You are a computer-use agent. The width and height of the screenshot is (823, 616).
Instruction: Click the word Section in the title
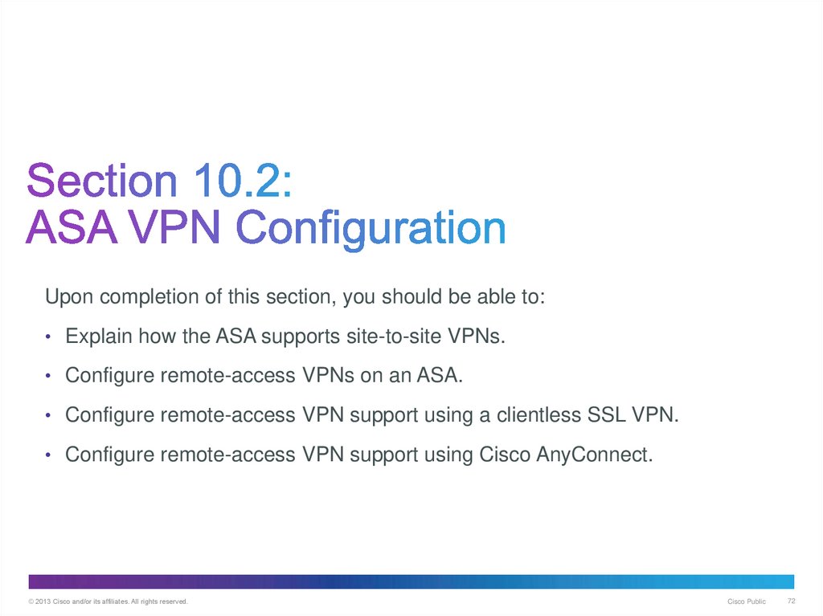point(102,181)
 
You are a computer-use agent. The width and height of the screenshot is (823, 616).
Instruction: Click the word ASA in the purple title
point(72,228)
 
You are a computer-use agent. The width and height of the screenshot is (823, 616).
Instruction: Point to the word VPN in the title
point(175,228)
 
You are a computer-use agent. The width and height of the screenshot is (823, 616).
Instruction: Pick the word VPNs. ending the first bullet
point(477,336)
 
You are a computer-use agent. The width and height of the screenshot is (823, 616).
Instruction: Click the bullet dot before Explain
point(48,337)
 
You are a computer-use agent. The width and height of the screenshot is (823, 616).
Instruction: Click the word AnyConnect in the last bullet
point(595,455)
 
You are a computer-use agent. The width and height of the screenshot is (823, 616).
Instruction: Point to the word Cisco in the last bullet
point(505,455)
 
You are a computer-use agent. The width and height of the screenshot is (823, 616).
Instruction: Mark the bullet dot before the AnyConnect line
point(48,455)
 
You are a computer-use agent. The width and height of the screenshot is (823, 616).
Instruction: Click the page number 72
point(792,602)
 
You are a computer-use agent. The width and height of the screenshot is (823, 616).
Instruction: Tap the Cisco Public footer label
point(747,602)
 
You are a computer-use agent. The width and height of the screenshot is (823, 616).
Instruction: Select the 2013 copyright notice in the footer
point(109,602)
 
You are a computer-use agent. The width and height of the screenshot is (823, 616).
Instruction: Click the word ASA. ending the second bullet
point(440,375)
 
